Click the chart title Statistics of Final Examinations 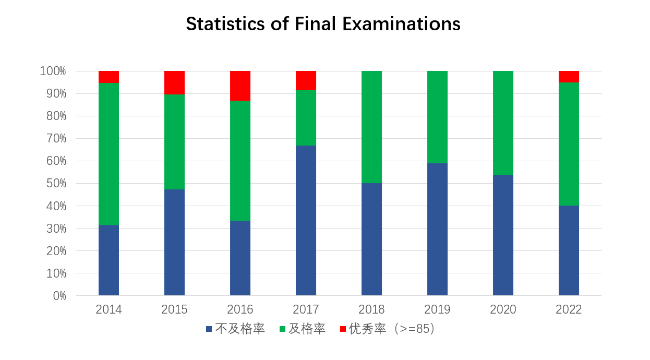(323, 25)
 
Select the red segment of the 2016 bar (240, 86)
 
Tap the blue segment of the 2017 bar (306, 220)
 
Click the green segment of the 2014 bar (109, 154)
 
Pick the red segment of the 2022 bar (569, 77)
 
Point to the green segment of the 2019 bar (437, 117)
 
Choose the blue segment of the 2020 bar (503, 235)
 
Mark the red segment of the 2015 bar (174, 82)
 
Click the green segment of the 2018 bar (371, 127)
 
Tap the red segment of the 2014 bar (109, 77)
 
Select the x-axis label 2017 (306, 309)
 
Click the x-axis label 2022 (569, 309)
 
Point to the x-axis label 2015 (174, 309)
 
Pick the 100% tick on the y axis (53, 71)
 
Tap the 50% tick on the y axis (55, 183)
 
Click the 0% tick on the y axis (59, 296)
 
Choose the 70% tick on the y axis (55, 138)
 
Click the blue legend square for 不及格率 (209, 329)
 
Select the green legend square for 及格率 (282, 329)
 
